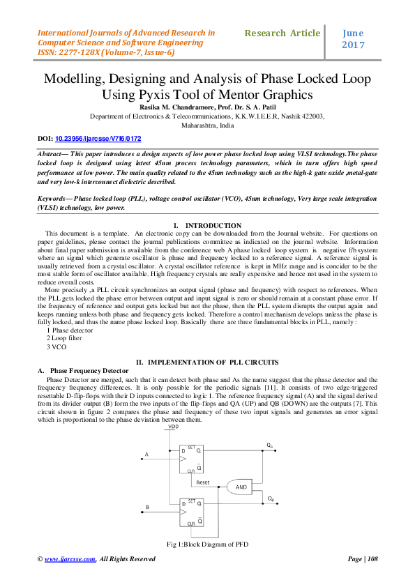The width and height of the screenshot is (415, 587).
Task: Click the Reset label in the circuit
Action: click(203, 482)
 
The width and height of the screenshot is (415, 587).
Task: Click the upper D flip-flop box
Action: click(194, 459)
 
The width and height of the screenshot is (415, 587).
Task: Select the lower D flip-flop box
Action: click(194, 512)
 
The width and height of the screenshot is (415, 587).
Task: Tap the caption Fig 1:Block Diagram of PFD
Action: click(207, 543)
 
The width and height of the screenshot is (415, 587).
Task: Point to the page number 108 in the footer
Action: click(372, 559)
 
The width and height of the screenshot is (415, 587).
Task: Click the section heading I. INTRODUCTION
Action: click(207, 225)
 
